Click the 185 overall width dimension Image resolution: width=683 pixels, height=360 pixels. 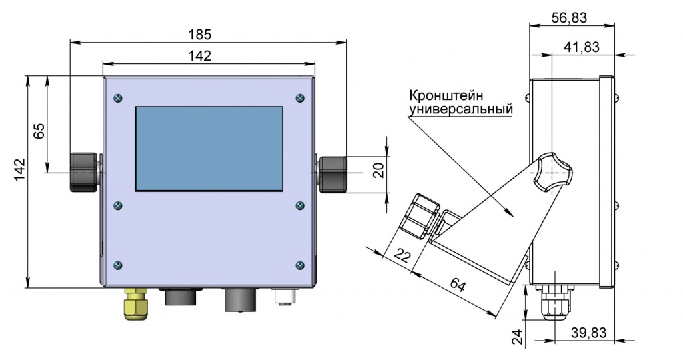(208, 34)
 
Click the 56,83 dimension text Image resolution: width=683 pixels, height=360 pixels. (570, 18)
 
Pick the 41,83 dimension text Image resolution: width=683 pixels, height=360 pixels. (581, 47)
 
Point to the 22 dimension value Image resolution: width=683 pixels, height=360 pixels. (402, 255)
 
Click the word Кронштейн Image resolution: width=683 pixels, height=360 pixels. (445, 95)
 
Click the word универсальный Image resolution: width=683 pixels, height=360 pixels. (460, 108)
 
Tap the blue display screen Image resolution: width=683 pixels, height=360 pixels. (209, 148)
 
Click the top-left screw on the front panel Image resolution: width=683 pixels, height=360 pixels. (119, 98)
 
